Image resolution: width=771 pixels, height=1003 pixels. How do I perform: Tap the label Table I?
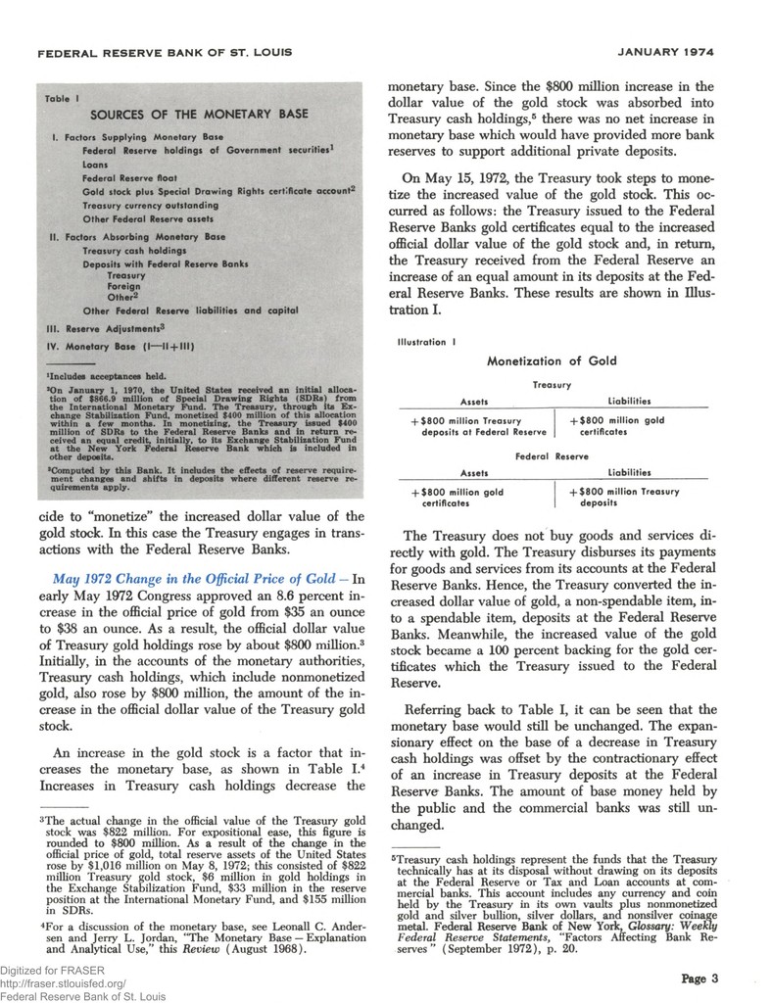[65, 99]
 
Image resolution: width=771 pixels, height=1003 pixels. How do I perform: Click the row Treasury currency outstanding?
[150, 207]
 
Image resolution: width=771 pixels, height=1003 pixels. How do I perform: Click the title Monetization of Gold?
[552, 360]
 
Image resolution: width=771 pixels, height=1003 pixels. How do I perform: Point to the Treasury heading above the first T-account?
[552, 385]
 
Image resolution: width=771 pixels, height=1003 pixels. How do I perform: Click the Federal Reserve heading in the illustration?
[552, 455]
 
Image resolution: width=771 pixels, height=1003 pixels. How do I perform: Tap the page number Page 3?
[699, 977]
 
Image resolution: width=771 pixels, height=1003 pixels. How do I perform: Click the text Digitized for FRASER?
[49, 971]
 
